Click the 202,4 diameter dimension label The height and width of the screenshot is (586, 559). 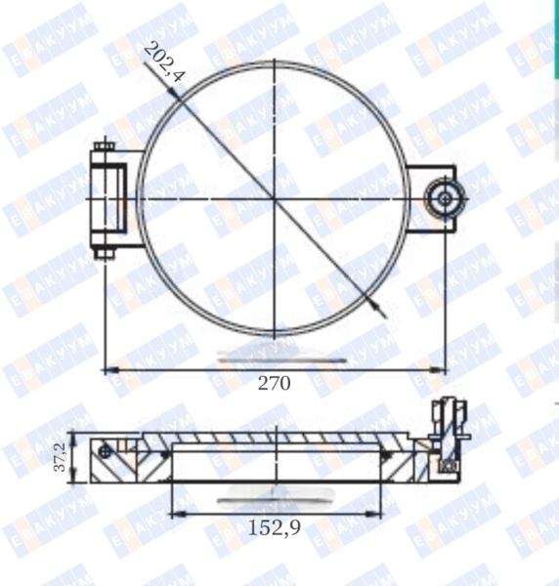pos(164,63)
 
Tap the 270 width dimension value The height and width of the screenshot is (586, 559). pos(274,384)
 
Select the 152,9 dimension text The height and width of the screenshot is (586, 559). pos(275,528)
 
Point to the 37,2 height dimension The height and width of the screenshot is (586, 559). pos(60,457)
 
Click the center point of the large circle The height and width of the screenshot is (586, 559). pos(275,199)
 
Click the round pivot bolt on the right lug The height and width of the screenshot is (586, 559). pos(445,198)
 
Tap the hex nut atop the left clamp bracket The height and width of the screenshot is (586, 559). pos(105,146)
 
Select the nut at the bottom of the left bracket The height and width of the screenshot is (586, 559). pos(105,253)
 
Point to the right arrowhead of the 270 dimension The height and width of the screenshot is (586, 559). pos(438,370)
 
